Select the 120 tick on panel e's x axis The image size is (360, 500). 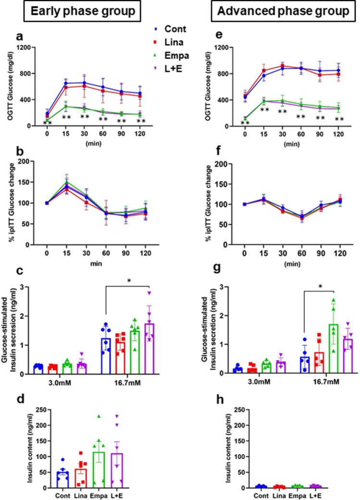click(339, 135)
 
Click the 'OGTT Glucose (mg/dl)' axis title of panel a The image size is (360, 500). click(8, 87)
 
